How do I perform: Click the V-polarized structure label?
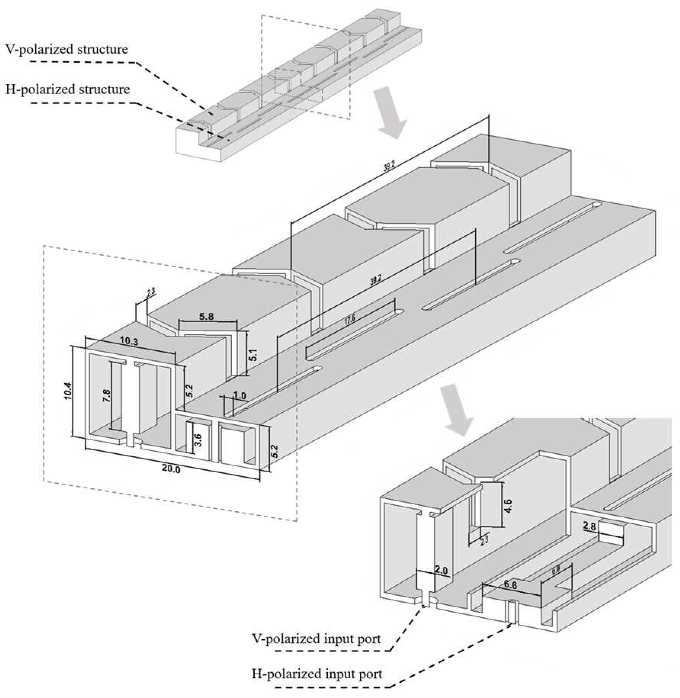tap(67, 50)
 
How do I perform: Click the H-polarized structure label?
tap(67, 90)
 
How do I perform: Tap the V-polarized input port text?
tap(316, 639)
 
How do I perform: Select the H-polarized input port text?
tap(316, 674)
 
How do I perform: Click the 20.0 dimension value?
tap(171, 469)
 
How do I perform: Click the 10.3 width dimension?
tap(129, 342)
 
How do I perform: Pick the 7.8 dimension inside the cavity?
tap(107, 396)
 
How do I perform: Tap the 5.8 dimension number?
tap(206, 316)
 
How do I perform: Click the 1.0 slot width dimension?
tap(239, 396)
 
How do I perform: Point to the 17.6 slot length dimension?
tap(350, 320)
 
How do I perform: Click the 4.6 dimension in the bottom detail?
tap(508, 506)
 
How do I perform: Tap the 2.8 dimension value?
tap(589, 527)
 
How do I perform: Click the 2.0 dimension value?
tap(441, 571)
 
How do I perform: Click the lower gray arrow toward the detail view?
tap(457, 410)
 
